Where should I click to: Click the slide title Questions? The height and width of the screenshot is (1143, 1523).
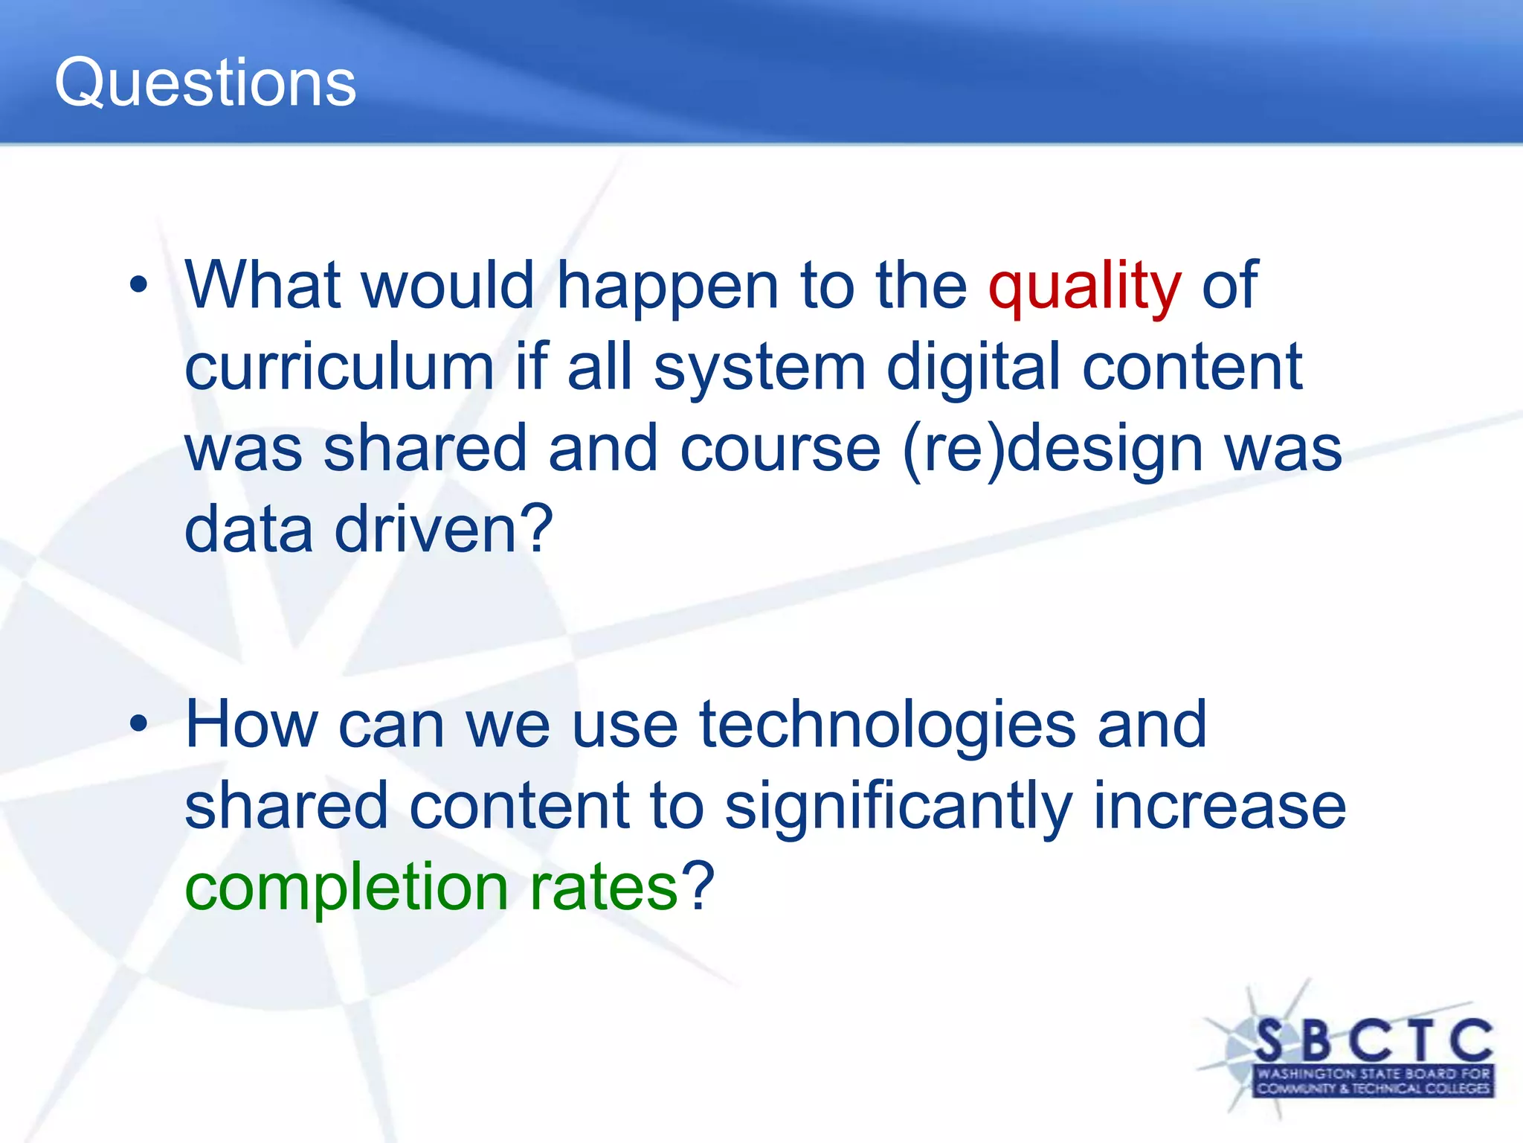(x=205, y=83)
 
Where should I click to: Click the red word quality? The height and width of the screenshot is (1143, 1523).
(x=1084, y=286)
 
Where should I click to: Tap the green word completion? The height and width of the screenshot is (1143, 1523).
(x=346, y=887)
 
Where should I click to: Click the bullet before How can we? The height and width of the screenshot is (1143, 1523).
(x=138, y=723)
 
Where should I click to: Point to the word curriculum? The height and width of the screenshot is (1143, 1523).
(x=339, y=368)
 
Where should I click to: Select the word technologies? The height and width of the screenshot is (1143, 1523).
(x=886, y=725)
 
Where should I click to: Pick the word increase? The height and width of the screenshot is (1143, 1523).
(x=1219, y=807)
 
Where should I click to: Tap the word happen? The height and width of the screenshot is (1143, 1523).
(x=667, y=286)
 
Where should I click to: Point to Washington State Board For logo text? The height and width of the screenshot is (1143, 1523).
(x=1373, y=1074)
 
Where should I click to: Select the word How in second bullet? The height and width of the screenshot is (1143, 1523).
(x=251, y=725)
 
